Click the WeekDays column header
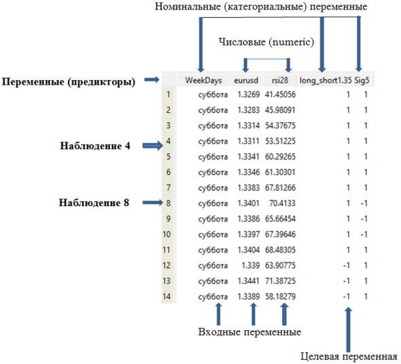pos(204,81)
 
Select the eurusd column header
pos(246,81)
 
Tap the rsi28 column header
pos(280,81)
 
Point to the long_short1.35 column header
pos(326,81)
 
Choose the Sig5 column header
pos(362,81)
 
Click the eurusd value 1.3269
pos(248,94)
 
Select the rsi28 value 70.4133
pos(282,203)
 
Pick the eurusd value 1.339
pos(250,266)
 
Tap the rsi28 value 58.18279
pos(280,297)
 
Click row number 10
pos(166,235)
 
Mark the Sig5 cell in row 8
pos(364,203)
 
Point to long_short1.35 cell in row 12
pos(346,266)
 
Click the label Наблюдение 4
pos(95,146)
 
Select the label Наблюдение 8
pos(94,203)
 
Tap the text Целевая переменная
pos(349,357)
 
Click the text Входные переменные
pos(250,332)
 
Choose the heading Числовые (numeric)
pos(266,42)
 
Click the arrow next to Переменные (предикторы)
pos(152,80)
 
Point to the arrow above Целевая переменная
pos(348,330)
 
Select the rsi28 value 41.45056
pos(280,94)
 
